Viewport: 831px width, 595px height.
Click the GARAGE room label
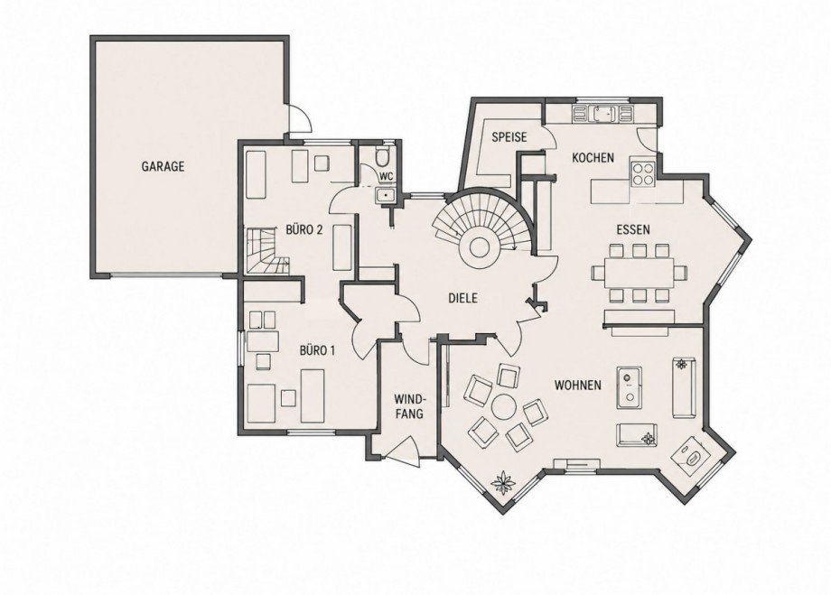(x=163, y=166)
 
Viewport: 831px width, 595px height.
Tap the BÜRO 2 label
(x=304, y=230)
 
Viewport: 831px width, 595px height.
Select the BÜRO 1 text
(x=317, y=350)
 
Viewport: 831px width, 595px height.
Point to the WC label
(x=386, y=175)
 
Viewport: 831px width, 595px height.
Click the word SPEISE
(x=509, y=136)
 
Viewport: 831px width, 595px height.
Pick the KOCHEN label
(x=593, y=157)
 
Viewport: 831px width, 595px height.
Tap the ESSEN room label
(x=633, y=230)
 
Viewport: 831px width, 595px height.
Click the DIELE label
(x=462, y=298)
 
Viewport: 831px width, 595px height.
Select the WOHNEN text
(x=578, y=385)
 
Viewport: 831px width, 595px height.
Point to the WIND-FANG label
(x=408, y=405)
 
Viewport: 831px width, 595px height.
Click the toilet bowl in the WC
(x=381, y=157)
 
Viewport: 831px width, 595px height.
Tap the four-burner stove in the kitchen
(x=643, y=172)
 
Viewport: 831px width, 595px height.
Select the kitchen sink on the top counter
(x=603, y=114)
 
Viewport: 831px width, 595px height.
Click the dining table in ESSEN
(x=639, y=273)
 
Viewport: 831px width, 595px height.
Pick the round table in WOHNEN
(x=503, y=407)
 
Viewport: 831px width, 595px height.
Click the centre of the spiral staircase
(x=479, y=246)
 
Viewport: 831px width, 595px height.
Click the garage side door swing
(x=299, y=116)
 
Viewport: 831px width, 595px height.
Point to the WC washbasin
(x=385, y=196)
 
